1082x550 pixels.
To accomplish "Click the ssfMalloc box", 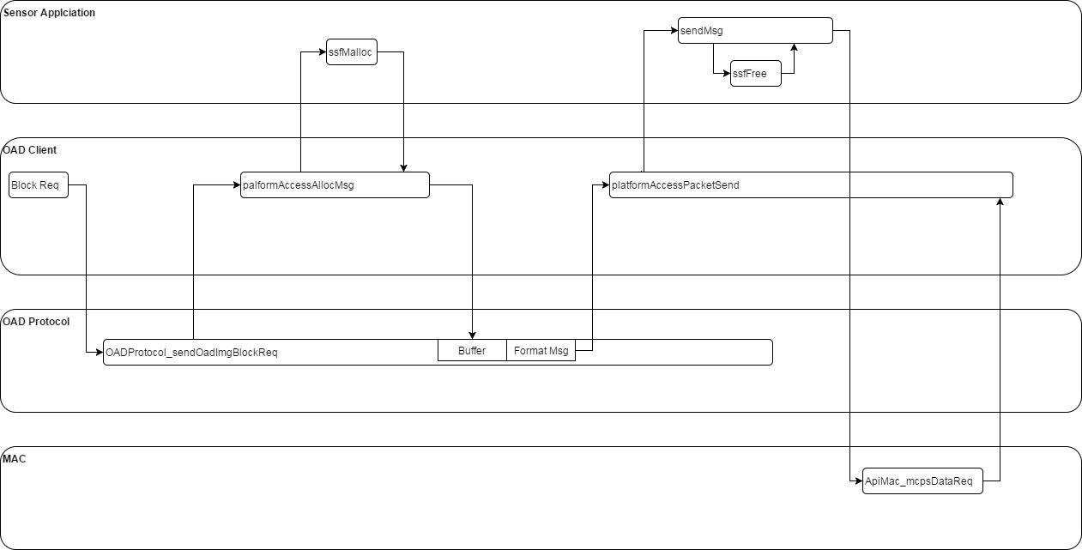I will click(x=352, y=51).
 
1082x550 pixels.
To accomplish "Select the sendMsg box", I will click(x=755, y=30).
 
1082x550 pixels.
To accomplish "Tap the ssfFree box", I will click(x=755, y=74).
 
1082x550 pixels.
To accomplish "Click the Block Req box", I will click(x=39, y=185).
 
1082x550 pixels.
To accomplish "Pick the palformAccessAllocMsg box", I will click(x=335, y=185).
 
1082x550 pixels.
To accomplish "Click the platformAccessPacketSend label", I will click(x=675, y=185).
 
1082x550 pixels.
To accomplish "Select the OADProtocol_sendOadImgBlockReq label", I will click(x=191, y=353).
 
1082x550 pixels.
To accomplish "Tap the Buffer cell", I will click(x=472, y=351).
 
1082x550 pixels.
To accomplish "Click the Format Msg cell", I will click(x=541, y=351).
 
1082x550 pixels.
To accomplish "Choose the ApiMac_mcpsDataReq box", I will click(x=922, y=481).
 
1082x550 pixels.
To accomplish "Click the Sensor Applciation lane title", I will click(x=50, y=13).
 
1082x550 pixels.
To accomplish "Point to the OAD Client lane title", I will click(x=31, y=150).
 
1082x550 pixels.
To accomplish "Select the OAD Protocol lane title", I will click(x=37, y=322).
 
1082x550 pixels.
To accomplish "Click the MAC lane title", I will click(x=15, y=459).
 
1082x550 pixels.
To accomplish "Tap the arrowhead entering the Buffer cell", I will click(x=472, y=335).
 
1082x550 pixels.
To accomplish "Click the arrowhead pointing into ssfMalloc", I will click(x=322, y=51).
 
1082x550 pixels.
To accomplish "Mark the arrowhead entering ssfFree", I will click(x=725, y=74).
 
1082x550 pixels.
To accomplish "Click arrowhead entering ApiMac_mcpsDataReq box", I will click(x=857, y=481).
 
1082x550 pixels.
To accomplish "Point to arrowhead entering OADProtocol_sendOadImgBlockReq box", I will click(x=99, y=353).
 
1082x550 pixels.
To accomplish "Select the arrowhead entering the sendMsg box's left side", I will click(x=674, y=30).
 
